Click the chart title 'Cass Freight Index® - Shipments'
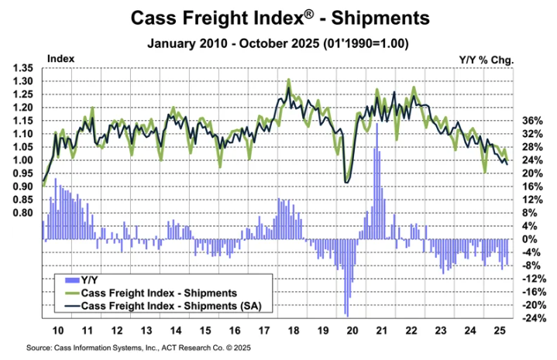point(279,17)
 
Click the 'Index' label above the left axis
point(60,58)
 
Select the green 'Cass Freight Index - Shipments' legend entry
point(159,293)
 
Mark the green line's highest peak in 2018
point(289,80)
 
